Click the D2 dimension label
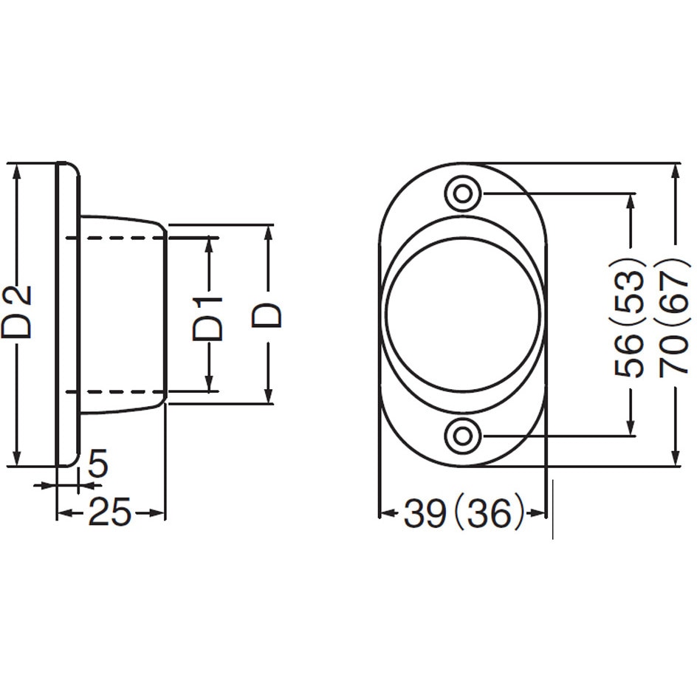click(x=16, y=312)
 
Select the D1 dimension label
click(x=207, y=319)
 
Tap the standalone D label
click(x=267, y=315)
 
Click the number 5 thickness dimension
click(x=98, y=463)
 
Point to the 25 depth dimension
click(x=110, y=512)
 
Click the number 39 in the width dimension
click(x=425, y=513)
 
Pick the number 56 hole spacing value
click(x=629, y=355)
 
